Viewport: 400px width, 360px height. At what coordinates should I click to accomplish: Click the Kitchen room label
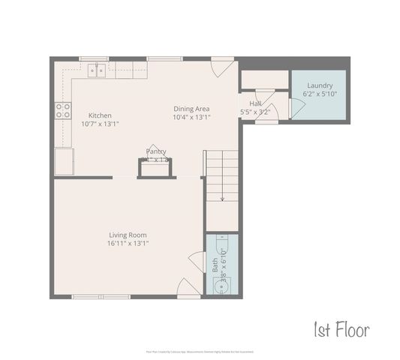(x=99, y=115)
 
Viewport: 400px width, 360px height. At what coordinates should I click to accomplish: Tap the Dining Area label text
(x=191, y=108)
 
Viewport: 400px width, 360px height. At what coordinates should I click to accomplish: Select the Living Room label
(x=128, y=234)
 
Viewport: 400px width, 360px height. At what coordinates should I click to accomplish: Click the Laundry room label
(x=320, y=85)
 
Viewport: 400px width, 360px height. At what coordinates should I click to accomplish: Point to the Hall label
(x=255, y=103)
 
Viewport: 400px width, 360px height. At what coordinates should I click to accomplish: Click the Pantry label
(x=156, y=151)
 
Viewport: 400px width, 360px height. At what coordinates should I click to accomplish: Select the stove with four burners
(x=62, y=112)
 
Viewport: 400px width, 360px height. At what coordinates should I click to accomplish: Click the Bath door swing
(x=197, y=262)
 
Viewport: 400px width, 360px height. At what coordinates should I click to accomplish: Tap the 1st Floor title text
(x=341, y=328)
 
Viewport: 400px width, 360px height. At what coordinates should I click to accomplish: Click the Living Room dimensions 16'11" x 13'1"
(x=128, y=243)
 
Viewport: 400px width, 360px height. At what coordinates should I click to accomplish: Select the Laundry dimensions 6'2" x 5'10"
(x=320, y=94)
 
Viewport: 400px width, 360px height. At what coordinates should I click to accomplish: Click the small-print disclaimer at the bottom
(x=200, y=350)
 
